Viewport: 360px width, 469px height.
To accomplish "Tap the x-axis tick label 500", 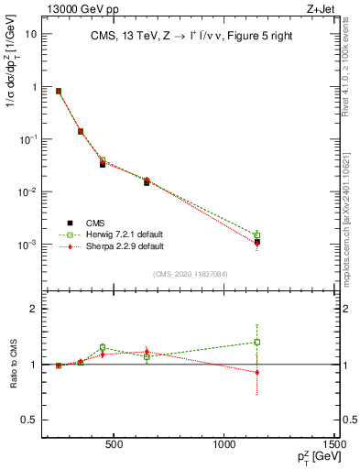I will pyautogui.click(x=115, y=446).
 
